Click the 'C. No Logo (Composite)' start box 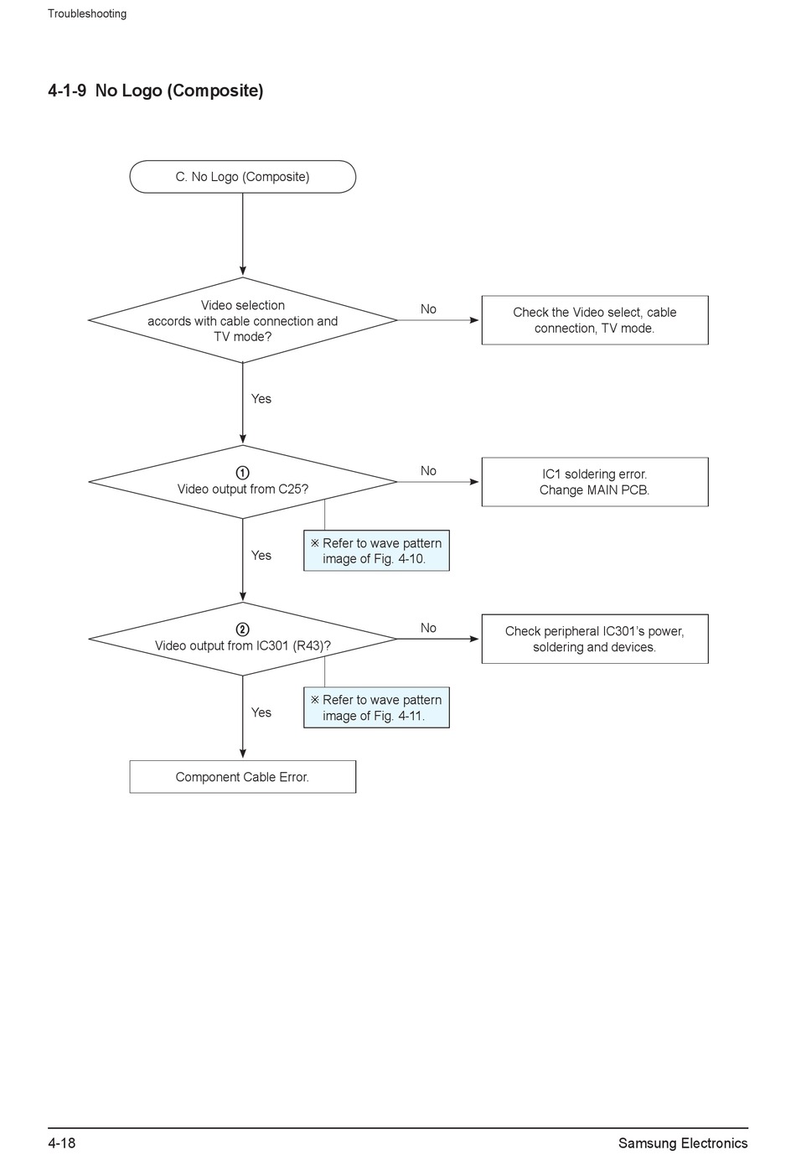[x=242, y=177]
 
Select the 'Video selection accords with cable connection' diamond [x=242, y=320]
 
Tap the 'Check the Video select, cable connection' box [x=594, y=320]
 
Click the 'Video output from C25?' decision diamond [x=242, y=482]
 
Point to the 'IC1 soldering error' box [x=594, y=482]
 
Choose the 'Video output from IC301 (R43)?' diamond [x=242, y=639]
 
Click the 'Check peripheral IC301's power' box [x=594, y=639]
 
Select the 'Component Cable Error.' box [x=242, y=776]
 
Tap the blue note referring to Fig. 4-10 [x=376, y=551]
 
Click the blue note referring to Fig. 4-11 [x=376, y=707]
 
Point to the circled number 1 [x=242, y=473]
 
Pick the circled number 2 [x=242, y=629]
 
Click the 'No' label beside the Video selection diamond [x=428, y=308]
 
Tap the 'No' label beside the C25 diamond [x=428, y=471]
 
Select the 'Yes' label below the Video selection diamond [x=261, y=399]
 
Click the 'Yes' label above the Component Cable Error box [x=261, y=712]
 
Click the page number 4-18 [x=62, y=1143]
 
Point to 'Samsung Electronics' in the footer [x=683, y=1143]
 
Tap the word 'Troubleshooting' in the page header [x=87, y=14]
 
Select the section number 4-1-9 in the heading [x=67, y=91]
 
